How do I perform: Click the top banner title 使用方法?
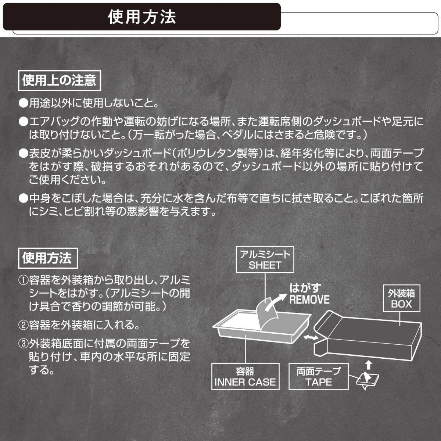142,17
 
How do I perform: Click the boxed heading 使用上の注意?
59,80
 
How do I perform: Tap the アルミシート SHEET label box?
265,259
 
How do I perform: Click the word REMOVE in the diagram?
309,300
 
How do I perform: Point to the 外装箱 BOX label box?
401,298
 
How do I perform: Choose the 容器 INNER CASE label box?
245,377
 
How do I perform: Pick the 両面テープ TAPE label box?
318,377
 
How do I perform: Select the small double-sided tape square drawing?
367,380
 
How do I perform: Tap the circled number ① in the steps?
24,281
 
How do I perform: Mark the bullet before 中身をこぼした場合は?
24,199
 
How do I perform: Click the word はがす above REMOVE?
305,288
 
